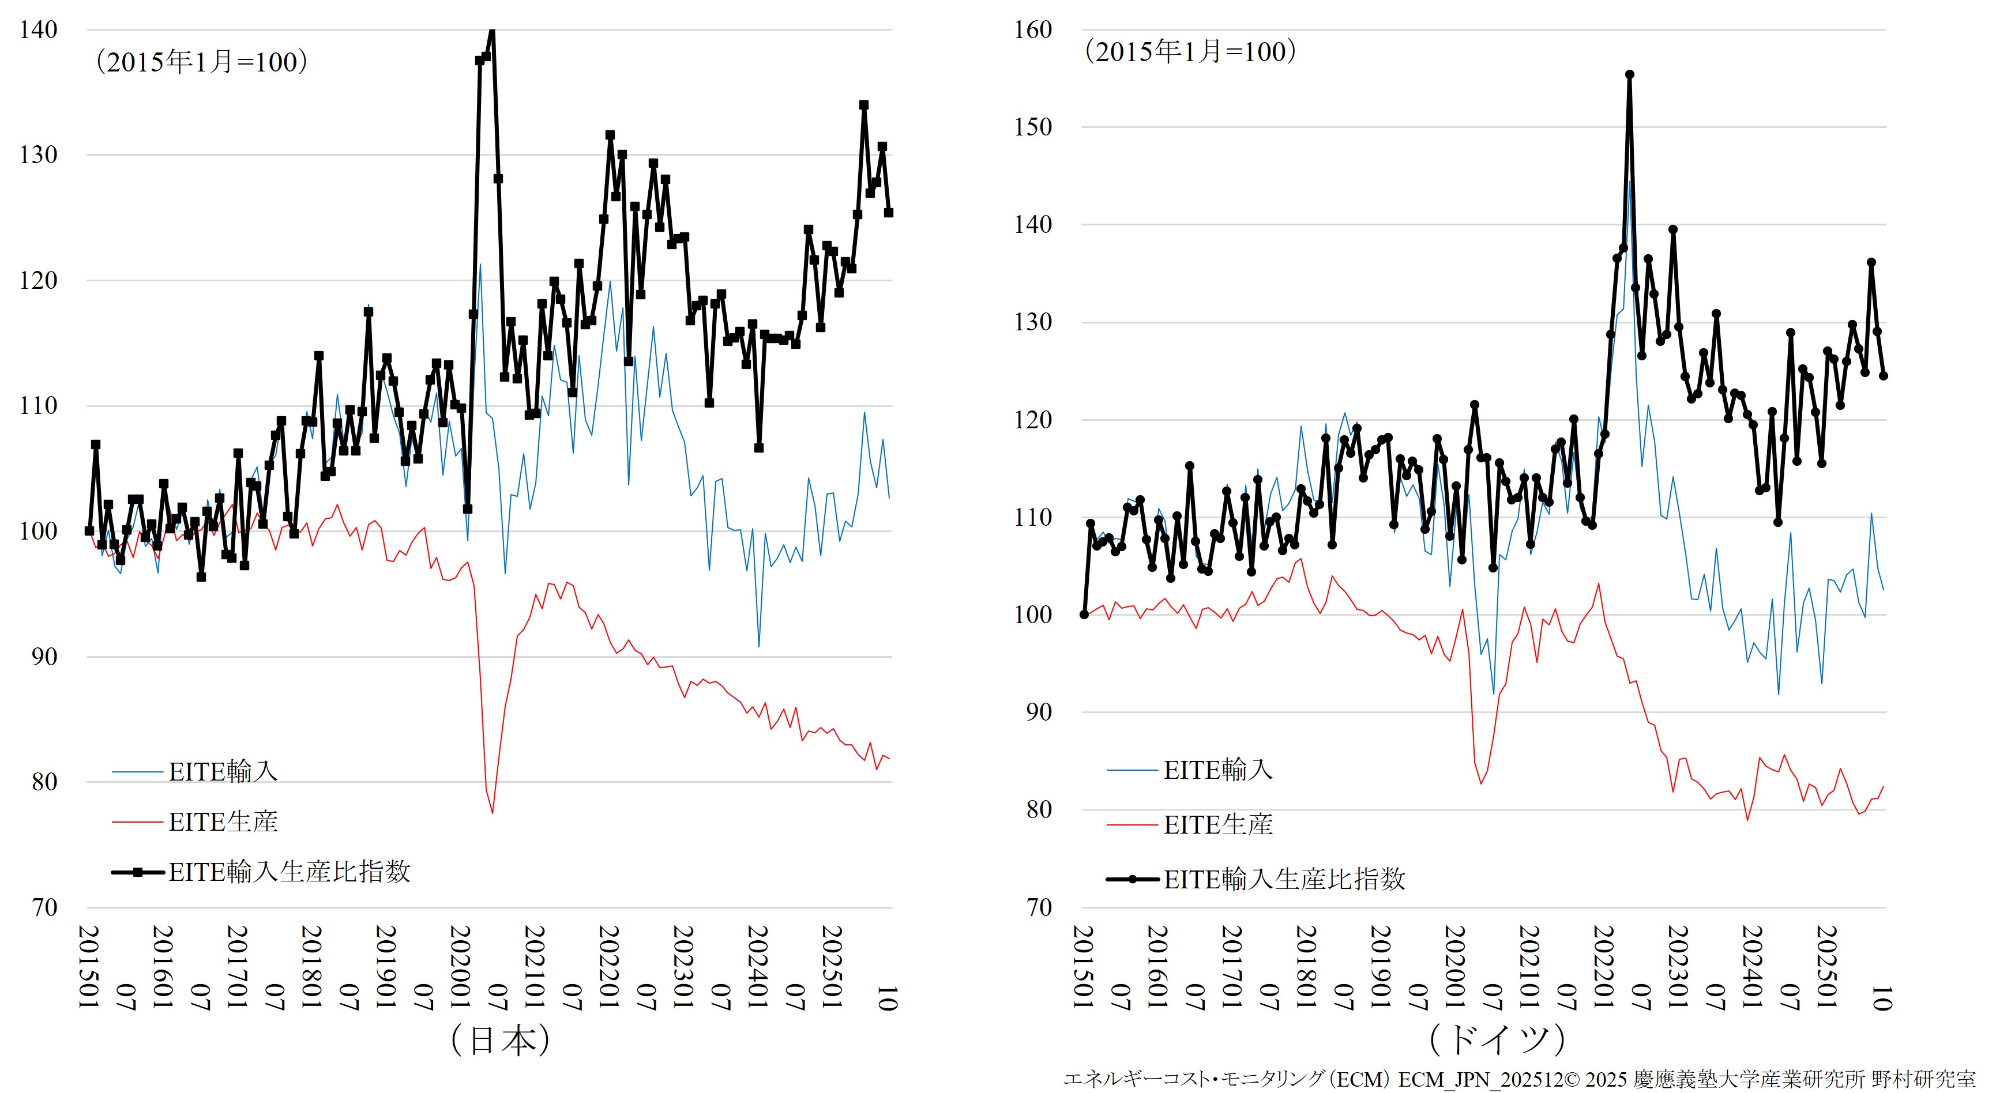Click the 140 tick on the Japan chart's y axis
[x=38, y=30]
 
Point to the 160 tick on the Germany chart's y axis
[x=1033, y=30]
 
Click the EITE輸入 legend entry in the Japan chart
[x=223, y=771]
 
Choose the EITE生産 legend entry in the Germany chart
[x=1217, y=825]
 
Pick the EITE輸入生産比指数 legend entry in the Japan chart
[x=288, y=872]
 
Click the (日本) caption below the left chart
[x=501, y=1039]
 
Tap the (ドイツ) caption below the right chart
[x=1497, y=1039]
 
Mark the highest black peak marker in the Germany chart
[x=1629, y=75]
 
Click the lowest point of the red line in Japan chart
[x=492, y=813]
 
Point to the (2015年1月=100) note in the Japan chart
[x=201, y=62]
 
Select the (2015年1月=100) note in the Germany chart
[x=1190, y=52]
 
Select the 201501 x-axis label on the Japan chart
[x=89, y=967]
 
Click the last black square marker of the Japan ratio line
[x=889, y=212]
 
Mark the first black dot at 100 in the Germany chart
[x=1084, y=615]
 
